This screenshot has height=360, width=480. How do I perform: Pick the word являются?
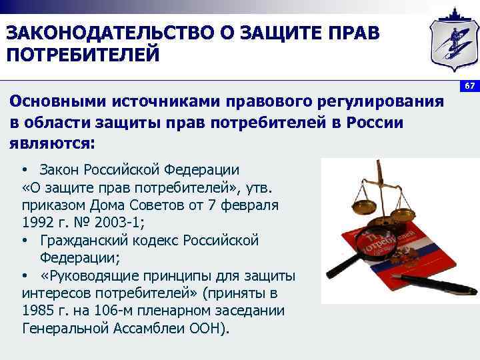point(52,143)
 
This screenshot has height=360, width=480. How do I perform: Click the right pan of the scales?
point(411,215)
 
